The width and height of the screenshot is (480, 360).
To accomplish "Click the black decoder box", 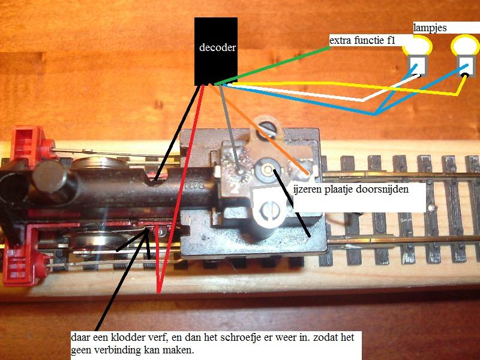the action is pyautogui.click(x=216, y=51).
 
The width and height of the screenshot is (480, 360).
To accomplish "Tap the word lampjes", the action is pyautogui.click(x=430, y=28).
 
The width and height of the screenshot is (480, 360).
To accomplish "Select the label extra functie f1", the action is pyautogui.click(x=362, y=40).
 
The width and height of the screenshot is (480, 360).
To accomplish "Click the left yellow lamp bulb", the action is pyautogui.click(x=417, y=46).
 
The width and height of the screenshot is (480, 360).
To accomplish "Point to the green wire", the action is pyautogui.click(x=272, y=65).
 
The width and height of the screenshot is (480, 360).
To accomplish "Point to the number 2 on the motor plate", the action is pyautogui.click(x=235, y=189).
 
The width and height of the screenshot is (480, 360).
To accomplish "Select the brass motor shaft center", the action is pyautogui.click(x=268, y=169).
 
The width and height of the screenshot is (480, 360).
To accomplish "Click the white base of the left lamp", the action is pyautogui.click(x=418, y=66).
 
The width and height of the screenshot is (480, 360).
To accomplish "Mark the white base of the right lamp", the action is pyautogui.click(x=466, y=66).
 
